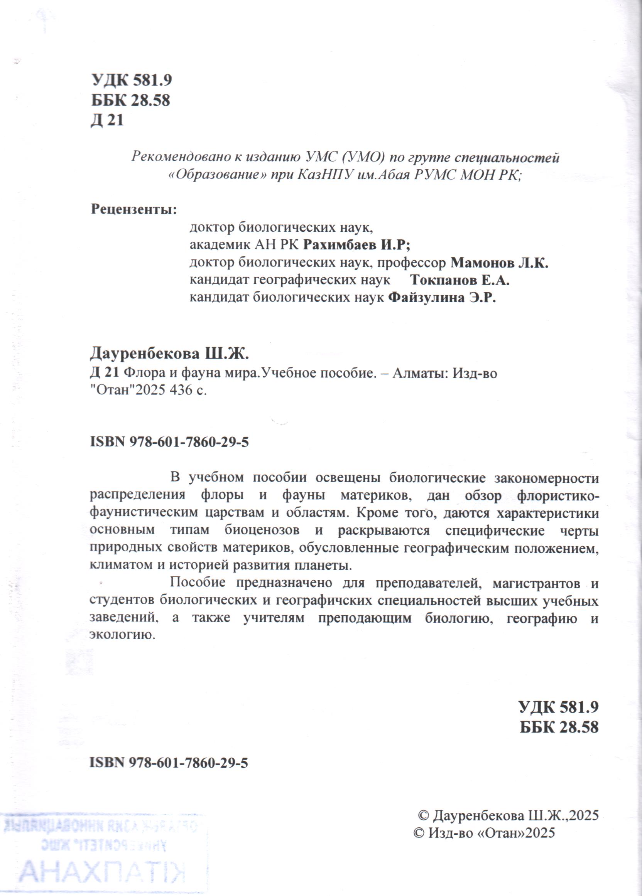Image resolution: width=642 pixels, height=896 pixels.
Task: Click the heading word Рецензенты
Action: click(x=133, y=209)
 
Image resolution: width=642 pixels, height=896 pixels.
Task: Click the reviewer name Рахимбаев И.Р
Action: click(x=356, y=245)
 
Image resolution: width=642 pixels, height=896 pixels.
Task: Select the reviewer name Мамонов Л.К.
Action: click(x=499, y=263)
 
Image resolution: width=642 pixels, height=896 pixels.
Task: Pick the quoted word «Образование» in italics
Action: click(x=217, y=175)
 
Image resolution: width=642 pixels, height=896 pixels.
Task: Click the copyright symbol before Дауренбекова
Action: click(x=424, y=815)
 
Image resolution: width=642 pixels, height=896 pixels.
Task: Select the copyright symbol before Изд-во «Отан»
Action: click(x=419, y=833)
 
